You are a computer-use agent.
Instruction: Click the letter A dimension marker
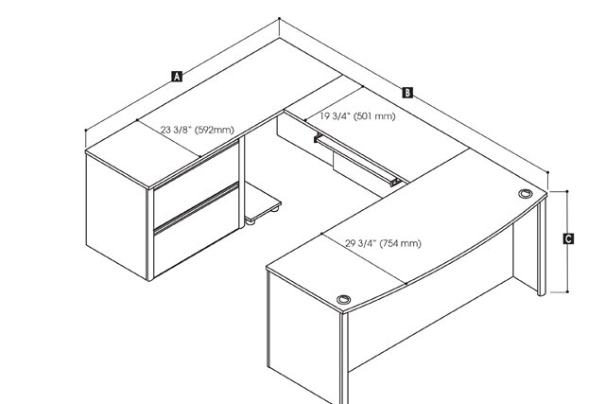point(177,77)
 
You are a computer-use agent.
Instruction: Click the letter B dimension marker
point(407,93)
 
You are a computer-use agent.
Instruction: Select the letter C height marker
point(568,238)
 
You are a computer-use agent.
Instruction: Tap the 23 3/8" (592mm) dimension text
point(198,130)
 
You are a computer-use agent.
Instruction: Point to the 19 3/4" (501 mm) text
point(357,115)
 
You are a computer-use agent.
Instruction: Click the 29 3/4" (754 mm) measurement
point(383,243)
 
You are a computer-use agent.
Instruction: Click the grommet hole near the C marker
point(526,193)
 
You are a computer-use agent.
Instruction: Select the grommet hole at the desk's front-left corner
point(343,299)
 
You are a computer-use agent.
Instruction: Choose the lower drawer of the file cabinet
point(197,232)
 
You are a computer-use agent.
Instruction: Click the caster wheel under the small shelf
point(275,209)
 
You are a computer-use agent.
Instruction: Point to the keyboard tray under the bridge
point(357,159)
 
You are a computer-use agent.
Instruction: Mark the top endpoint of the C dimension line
point(567,191)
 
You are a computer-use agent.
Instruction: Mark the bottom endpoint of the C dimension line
point(567,292)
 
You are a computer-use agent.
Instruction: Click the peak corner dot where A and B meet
point(279,18)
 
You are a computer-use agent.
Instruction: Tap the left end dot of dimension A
point(85,131)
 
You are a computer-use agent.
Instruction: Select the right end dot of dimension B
point(547,172)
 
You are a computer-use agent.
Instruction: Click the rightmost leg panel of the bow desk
point(542,248)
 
